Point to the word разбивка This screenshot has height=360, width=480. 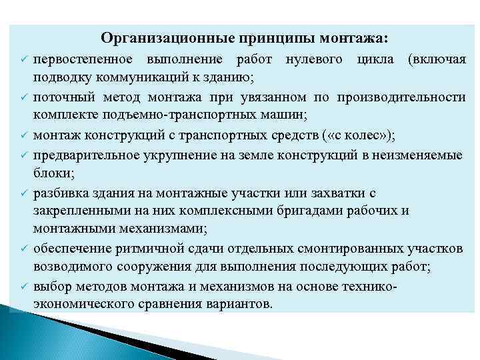point(61,193)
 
